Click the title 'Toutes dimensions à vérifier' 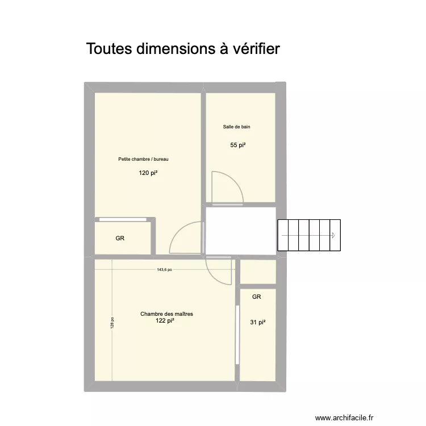coord(183,49)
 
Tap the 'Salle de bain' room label coord(236,127)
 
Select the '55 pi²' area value coord(237,145)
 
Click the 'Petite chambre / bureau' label coord(144,159)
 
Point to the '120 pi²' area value coord(148,173)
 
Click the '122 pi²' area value coord(164,321)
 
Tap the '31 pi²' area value coord(257,323)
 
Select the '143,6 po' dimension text coord(164,270)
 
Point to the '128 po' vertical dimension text coord(112,323)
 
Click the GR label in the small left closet coord(120,239)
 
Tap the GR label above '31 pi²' coord(256,296)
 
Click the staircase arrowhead coord(333,235)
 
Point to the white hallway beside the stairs coord(240,231)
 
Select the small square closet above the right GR coord(258,272)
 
